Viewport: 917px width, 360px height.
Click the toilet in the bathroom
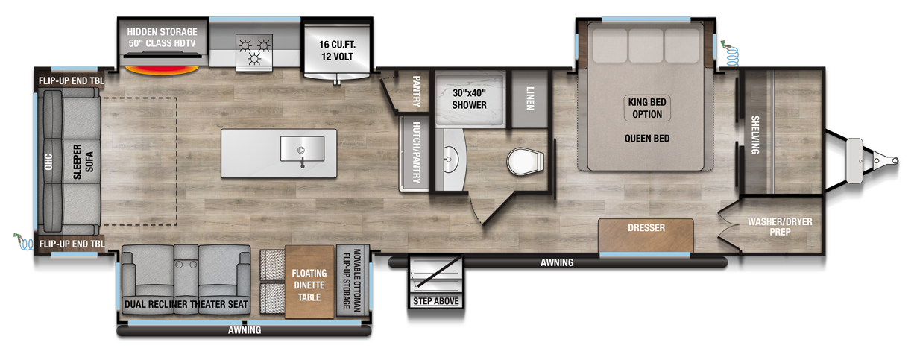(x=526, y=162)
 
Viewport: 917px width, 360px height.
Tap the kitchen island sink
(x=302, y=149)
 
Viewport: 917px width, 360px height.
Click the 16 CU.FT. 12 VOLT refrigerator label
(x=337, y=51)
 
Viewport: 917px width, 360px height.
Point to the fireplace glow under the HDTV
(x=162, y=70)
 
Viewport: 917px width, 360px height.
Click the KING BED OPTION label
(x=647, y=108)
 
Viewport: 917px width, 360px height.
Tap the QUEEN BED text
(x=647, y=139)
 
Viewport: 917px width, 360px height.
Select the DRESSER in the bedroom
(x=646, y=236)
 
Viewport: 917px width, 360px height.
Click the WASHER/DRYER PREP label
(x=780, y=227)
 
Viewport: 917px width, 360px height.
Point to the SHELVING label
(x=755, y=135)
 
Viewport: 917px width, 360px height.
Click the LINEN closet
(x=530, y=98)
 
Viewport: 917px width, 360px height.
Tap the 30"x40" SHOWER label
(x=469, y=99)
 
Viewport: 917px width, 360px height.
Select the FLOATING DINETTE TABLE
(x=309, y=282)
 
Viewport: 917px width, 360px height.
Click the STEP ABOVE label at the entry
(x=436, y=301)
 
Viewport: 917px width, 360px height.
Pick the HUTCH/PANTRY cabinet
(x=415, y=153)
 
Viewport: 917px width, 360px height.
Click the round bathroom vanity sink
(x=450, y=160)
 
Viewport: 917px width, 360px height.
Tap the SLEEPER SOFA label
(x=83, y=162)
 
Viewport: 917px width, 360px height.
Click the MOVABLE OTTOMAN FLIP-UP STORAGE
(x=353, y=281)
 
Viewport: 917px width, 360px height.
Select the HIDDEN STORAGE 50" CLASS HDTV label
(x=162, y=37)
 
